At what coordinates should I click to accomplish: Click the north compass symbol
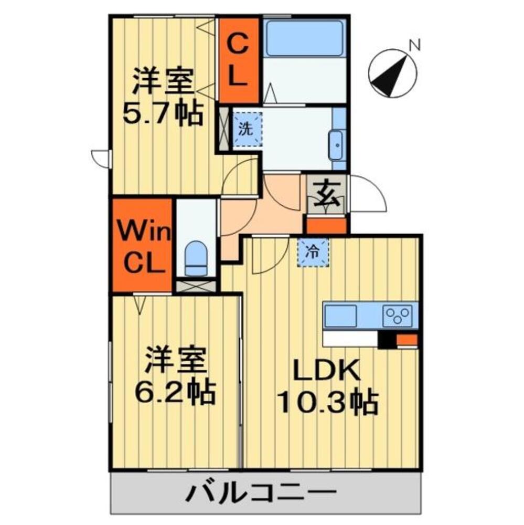click(x=392, y=74)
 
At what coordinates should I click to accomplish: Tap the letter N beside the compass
click(x=415, y=46)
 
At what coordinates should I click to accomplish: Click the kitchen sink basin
click(x=340, y=316)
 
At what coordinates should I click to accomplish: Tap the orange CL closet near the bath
click(x=239, y=60)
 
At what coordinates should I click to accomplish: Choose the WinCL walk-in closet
click(x=142, y=245)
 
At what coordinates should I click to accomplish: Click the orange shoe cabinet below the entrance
click(x=326, y=226)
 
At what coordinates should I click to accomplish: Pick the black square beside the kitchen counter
click(x=387, y=340)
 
